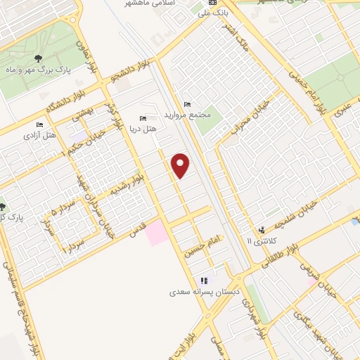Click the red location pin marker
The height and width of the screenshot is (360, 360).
[181, 165]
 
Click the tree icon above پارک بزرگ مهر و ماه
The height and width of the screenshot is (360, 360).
[37, 58]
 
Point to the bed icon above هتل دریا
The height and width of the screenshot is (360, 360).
[143, 118]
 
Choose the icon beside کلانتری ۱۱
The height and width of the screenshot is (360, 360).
[262, 229]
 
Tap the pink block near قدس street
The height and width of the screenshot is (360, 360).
[157, 232]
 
